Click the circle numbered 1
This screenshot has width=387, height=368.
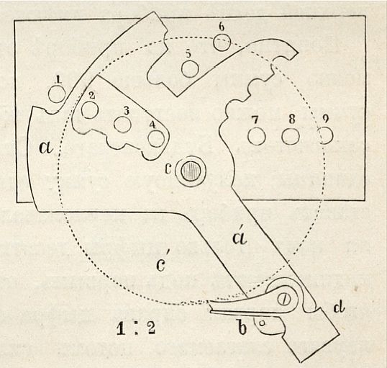pos(57,94)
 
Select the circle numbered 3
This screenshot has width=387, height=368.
pos(122,124)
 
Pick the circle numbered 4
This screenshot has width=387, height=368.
pos(156,138)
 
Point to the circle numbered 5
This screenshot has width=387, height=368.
pos(190,68)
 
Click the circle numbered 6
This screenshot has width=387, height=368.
pos(222,42)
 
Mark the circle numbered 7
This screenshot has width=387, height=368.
pos(257,136)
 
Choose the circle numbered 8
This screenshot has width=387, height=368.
pos(291,136)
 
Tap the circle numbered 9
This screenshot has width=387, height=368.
pos(325,135)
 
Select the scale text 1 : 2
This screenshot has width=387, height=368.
pos(136,329)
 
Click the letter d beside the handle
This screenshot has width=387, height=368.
pos(339,308)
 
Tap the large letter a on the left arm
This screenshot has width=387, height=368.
pos(47,148)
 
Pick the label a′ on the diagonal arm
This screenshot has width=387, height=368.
pos(240,236)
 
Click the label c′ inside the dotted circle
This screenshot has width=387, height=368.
pos(161,262)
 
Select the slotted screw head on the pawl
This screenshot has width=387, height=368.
pos(284,300)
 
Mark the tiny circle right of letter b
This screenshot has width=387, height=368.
pos(263,323)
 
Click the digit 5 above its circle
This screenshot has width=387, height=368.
pos(188,55)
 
